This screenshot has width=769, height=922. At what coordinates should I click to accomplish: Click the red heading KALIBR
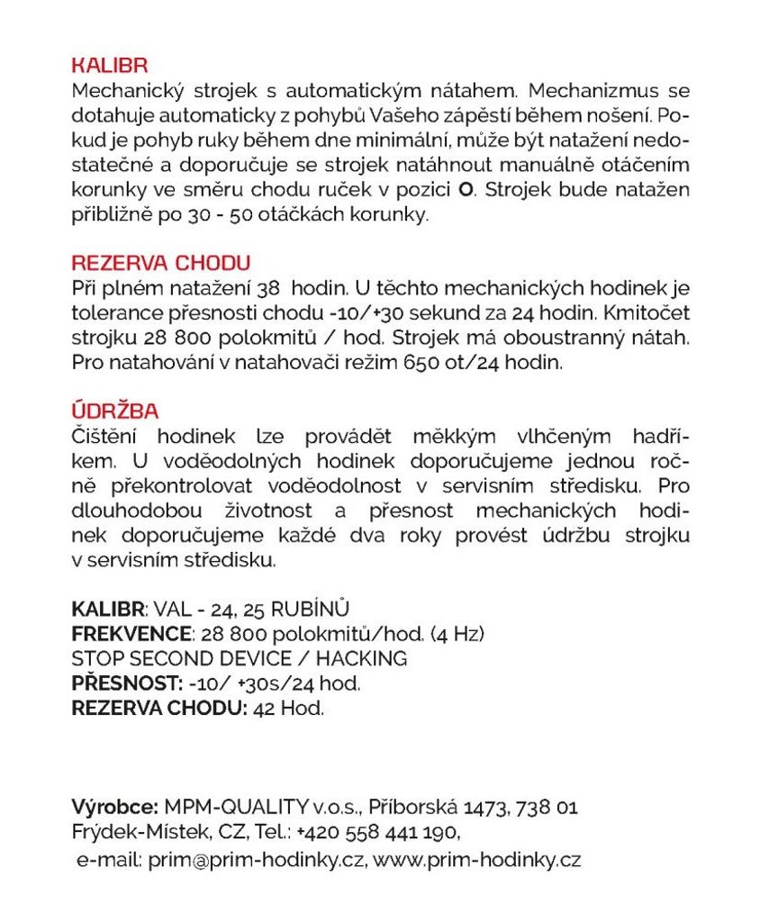[109, 66]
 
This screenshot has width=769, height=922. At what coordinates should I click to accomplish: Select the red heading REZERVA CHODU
[160, 263]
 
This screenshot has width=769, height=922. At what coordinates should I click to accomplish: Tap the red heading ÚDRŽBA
[114, 411]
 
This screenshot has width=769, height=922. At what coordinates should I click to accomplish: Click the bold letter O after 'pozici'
[466, 191]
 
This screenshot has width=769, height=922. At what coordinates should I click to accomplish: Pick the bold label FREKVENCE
[131, 634]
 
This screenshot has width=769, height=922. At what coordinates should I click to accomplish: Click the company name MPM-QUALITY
[237, 806]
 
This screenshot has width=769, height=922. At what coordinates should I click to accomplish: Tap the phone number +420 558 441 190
[377, 830]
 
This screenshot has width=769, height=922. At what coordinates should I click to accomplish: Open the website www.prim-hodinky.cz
[477, 860]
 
